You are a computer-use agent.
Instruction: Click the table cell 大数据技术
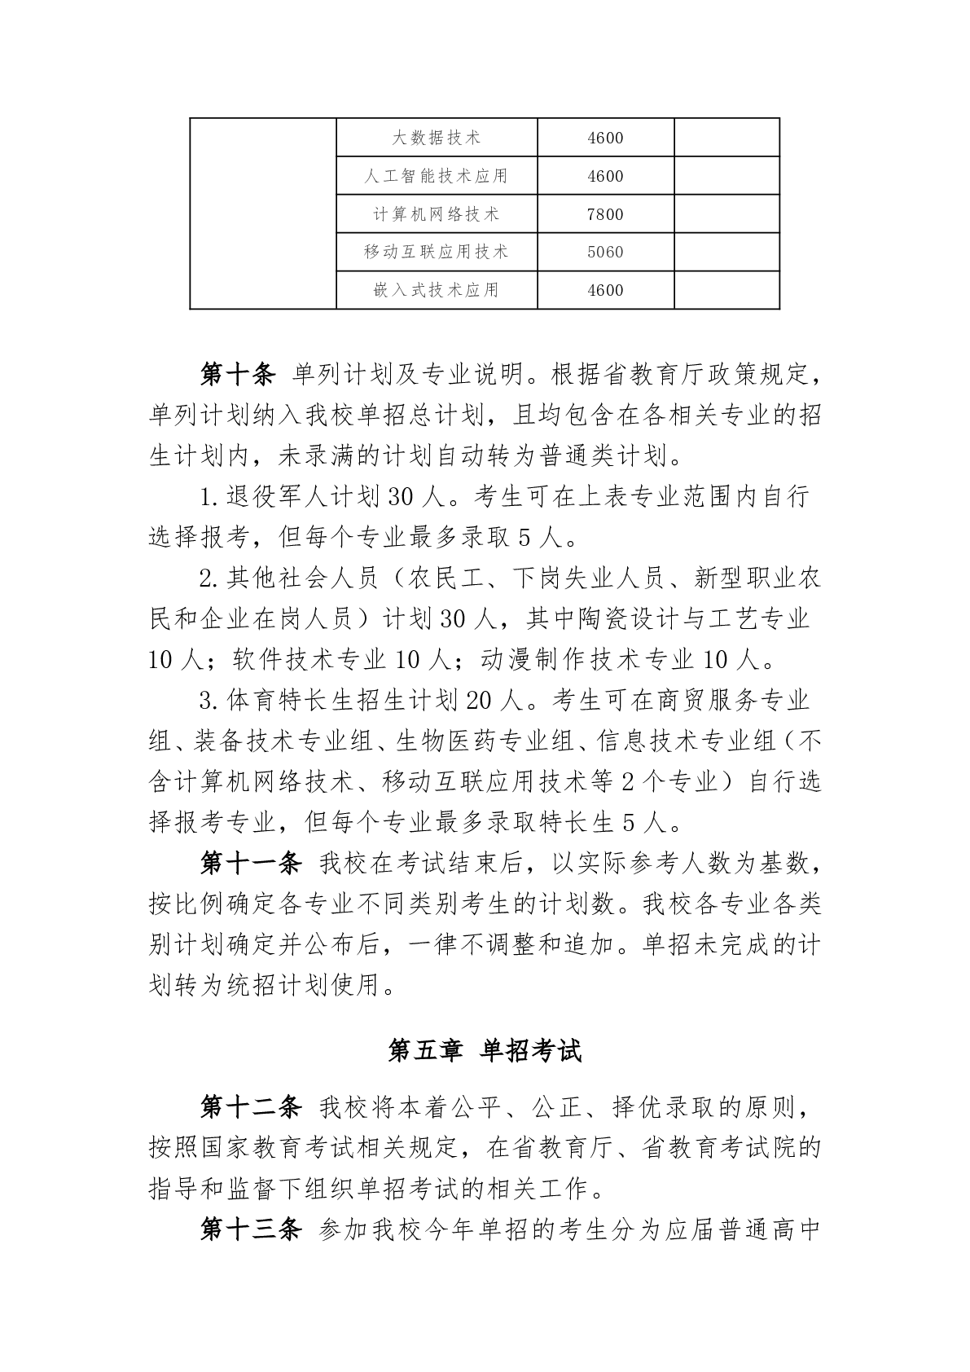pos(437,138)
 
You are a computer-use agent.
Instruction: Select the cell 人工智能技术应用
pos(437,176)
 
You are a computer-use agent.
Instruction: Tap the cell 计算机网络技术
pos(437,214)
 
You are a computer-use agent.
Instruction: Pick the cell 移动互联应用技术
pos(437,252)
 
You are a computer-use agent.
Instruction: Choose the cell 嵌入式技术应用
pos(437,290)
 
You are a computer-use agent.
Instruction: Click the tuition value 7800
pos(605,214)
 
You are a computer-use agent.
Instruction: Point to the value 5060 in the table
pos(605,252)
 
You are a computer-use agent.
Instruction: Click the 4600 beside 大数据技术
pos(605,138)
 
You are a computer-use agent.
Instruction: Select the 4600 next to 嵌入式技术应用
pos(605,290)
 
